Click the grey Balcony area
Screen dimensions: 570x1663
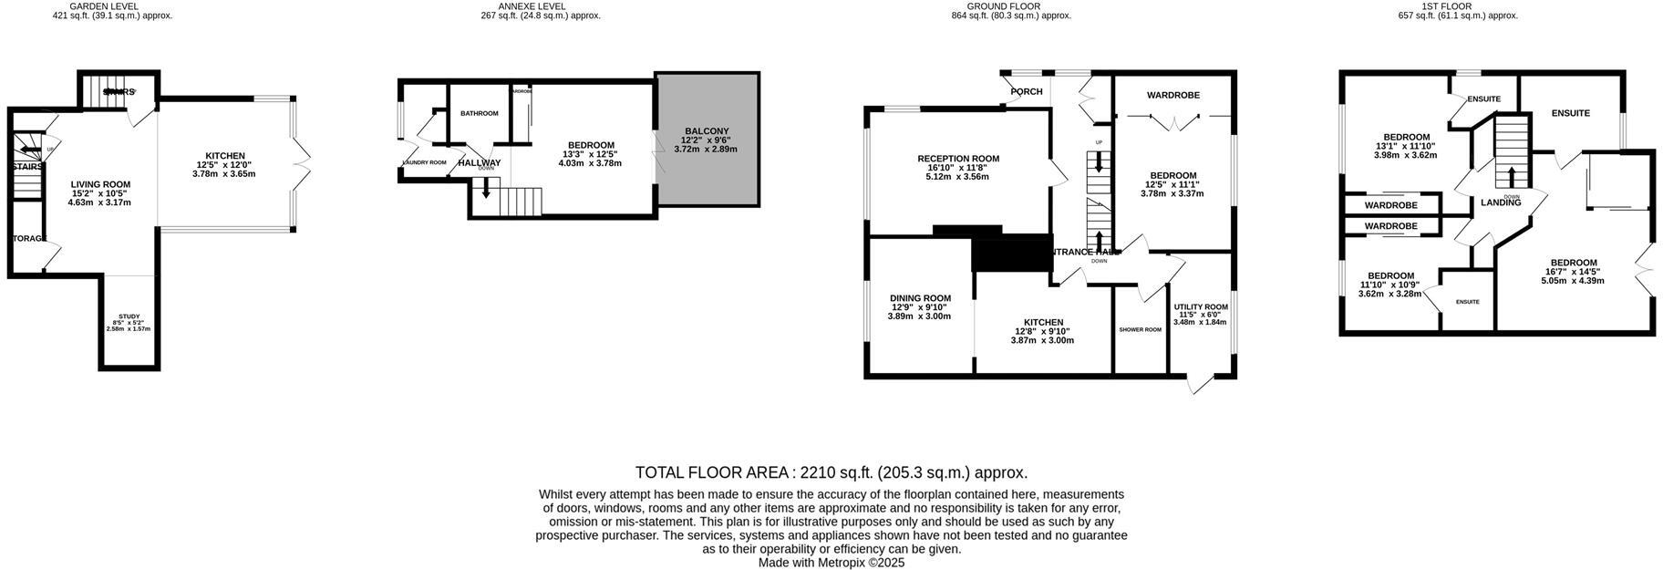(x=707, y=173)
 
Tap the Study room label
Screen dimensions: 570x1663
(x=129, y=316)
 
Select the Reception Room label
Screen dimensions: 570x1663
(x=958, y=159)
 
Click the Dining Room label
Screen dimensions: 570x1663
(x=920, y=298)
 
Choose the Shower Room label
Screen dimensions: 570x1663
(x=1140, y=329)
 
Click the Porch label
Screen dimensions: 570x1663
(x=1027, y=92)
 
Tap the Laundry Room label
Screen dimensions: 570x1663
(x=424, y=162)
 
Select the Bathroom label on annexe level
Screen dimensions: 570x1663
(x=479, y=114)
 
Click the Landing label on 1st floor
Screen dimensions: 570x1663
(x=1500, y=202)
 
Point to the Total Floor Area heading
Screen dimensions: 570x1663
(x=831, y=472)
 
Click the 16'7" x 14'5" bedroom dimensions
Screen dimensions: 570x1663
(x=1572, y=272)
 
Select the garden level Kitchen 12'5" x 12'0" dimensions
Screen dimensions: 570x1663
(x=223, y=165)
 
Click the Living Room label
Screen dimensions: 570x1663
(x=100, y=184)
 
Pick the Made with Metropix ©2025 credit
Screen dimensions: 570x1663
(x=831, y=564)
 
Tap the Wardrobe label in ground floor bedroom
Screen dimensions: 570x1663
(x=1172, y=95)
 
